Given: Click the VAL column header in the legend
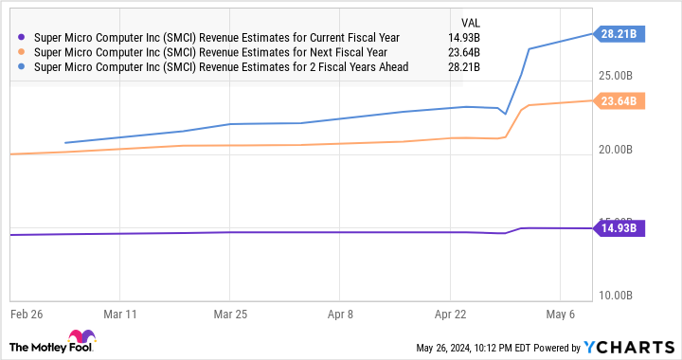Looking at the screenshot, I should tap(469, 21).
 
